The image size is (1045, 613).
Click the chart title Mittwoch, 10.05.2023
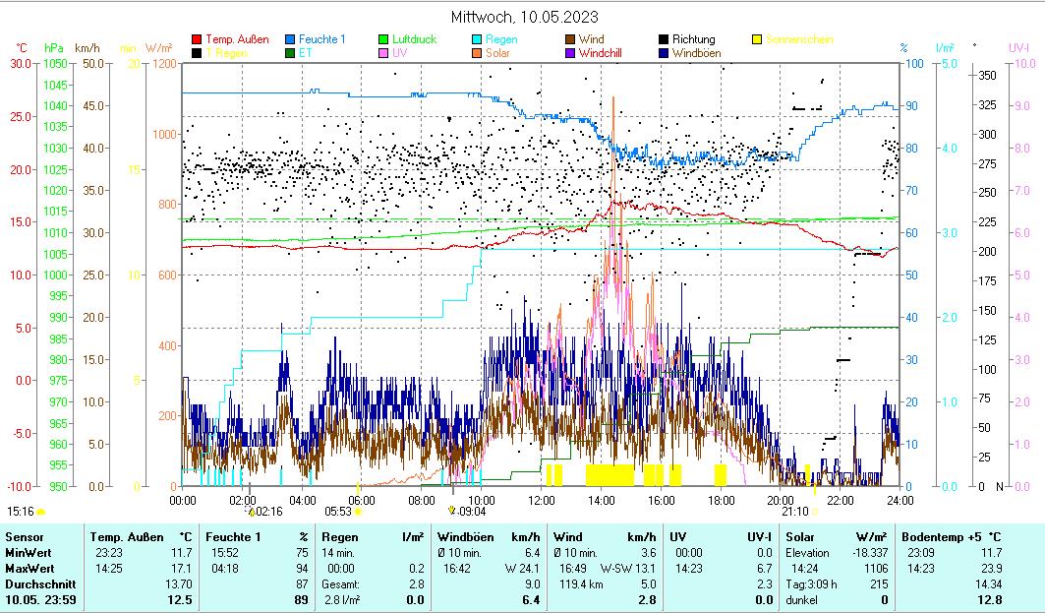click(x=524, y=17)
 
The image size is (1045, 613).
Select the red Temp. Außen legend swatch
click(x=197, y=40)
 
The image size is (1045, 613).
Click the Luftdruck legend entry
click(x=414, y=40)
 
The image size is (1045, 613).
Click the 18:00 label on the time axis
click(x=721, y=500)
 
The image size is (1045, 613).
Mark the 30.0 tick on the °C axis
click(x=21, y=64)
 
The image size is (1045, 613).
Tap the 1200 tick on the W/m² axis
click(x=164, y=64)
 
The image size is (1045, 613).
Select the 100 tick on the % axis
click(x=914, y=64)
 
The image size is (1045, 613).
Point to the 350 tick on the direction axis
click(x=988, y=75)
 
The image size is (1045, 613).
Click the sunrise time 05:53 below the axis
click(x=338, y=512)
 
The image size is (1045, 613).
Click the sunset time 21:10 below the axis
click(x=794, y=512)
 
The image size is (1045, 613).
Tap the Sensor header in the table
click(x=24, y=537)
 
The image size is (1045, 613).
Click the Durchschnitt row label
click(x=35, y=584)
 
